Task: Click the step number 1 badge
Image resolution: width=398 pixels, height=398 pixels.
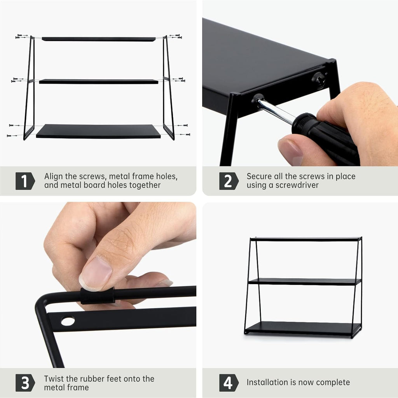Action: [25, 181]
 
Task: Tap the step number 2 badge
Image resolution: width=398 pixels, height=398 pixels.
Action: [229, 181]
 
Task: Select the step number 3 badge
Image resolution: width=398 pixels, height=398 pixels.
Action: [25, 382]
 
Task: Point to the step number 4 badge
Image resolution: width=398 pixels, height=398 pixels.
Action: [229, 382]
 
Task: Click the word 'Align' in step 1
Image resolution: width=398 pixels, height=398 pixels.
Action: [54, 176]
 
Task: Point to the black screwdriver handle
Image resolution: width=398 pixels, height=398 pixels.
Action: [325, 138]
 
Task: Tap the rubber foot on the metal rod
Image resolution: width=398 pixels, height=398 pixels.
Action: [98, 296]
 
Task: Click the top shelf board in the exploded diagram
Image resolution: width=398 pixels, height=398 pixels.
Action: [99, 39]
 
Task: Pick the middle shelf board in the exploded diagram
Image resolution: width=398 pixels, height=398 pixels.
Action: [99, 82]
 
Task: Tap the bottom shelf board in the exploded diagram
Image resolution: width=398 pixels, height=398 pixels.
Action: [98, 131]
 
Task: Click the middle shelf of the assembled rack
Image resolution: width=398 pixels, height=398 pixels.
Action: [304, 281]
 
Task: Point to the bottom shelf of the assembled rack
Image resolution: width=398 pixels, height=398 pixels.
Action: [303, 328]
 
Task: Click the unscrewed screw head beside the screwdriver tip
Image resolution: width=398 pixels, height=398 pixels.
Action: [319, 80]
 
